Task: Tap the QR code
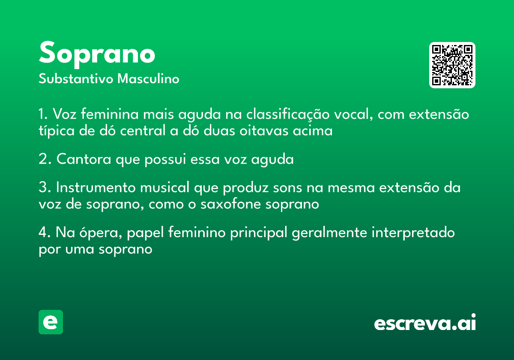pos(452,65)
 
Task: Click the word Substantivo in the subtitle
pos(76,79)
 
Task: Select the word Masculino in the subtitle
pos(148,79)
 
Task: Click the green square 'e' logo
pos(51,322)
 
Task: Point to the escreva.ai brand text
pos(425,322)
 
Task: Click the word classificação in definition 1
pos(288,114)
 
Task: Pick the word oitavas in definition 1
pos(264,131)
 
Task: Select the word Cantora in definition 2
pos(84,159)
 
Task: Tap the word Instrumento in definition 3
pos(96,187)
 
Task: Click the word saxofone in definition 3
pos(230,204)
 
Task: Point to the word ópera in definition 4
pos(101,233)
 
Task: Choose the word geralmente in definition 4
pos(329,233)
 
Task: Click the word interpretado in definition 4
pos(413,233)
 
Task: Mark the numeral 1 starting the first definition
pos(42,114)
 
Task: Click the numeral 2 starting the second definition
pos(43,159)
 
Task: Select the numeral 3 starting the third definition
pos(43,187)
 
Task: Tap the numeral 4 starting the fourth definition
pos(43,232)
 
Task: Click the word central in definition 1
pos(143,131)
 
